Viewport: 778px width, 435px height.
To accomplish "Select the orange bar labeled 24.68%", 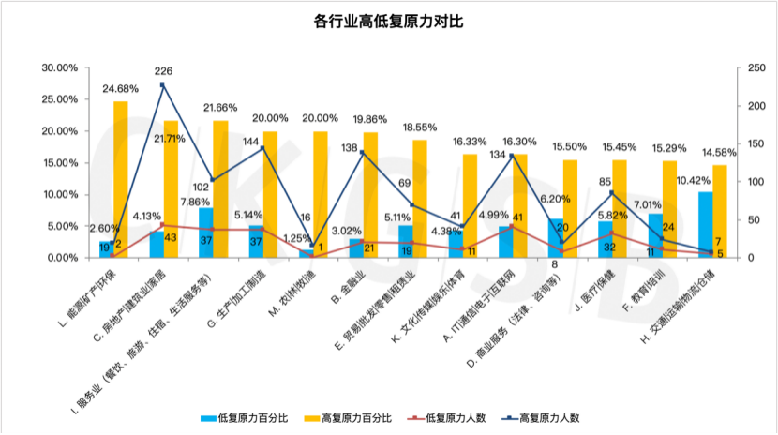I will point(121,179).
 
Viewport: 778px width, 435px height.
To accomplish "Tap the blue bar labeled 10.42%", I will point(705,225).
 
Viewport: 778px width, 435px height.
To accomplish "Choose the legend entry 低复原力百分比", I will point(239,417).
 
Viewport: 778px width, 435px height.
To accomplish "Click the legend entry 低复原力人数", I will point(446,417).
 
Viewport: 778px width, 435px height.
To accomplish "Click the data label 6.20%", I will point(552,199).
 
